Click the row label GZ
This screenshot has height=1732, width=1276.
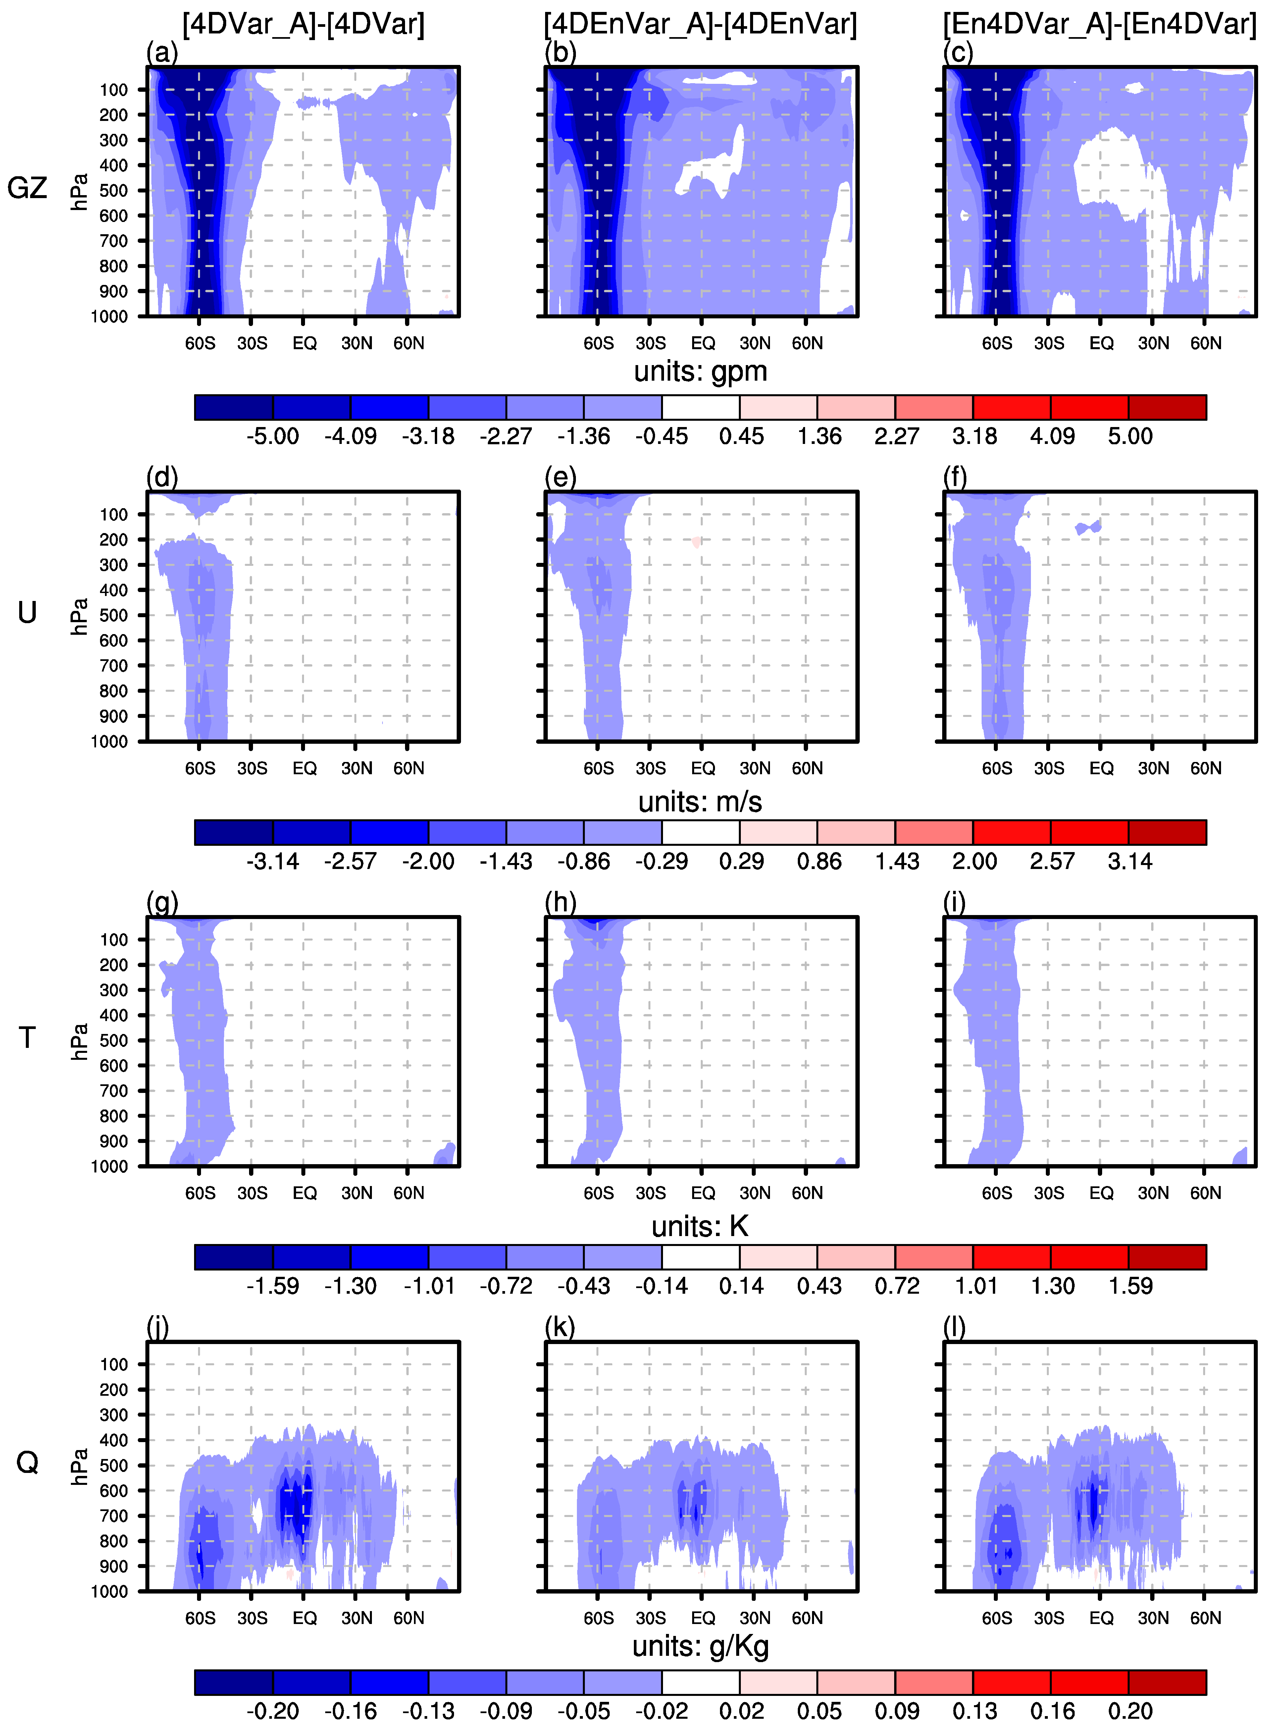(x=27, y=188)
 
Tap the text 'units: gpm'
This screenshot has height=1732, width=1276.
(x=700, y=372)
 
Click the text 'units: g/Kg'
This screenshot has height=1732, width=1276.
(x=700, y=1646)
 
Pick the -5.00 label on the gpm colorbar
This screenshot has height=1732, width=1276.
(x=273, y=436)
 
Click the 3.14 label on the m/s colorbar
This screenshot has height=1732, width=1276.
(x=1130, y=861)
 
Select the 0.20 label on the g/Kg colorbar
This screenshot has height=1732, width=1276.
(x=1130, y=1711)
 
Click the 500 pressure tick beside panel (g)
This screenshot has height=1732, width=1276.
(x=114, y=1041)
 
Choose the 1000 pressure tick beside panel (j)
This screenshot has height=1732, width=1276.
(x=110, y=1592)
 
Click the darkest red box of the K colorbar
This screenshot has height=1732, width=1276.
(x=1167, y=1257)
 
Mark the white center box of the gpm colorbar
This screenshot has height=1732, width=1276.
(x=700, y=407)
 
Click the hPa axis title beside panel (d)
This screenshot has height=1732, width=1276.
(x=79, y=617)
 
